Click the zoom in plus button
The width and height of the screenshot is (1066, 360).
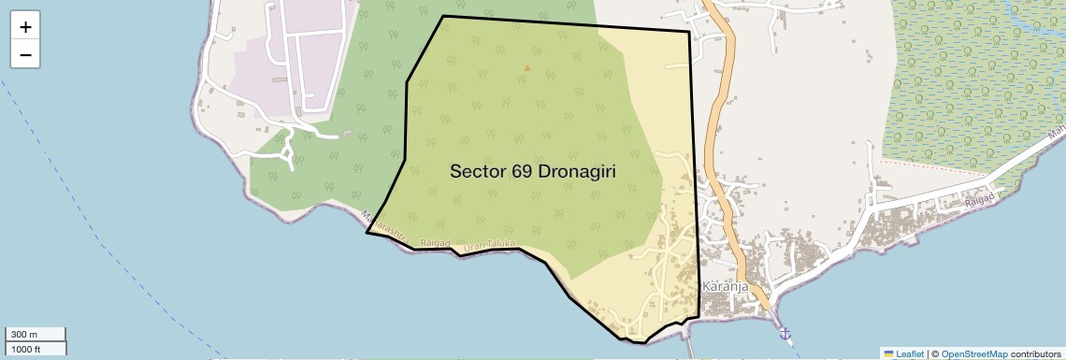coord(25,26)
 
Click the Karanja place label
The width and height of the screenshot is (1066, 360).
coord(726,287)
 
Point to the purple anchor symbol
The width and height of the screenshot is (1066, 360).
coord(785,333)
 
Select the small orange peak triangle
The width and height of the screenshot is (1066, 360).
coord(527,67)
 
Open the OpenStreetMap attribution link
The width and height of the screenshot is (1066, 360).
coord(973,353)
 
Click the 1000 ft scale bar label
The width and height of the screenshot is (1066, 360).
coord(27,349)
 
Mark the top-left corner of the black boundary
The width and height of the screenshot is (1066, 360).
coord(442,16)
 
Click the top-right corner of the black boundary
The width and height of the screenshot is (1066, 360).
coord(689,32)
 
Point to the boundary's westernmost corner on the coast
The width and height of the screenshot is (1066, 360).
coord(366,233)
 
